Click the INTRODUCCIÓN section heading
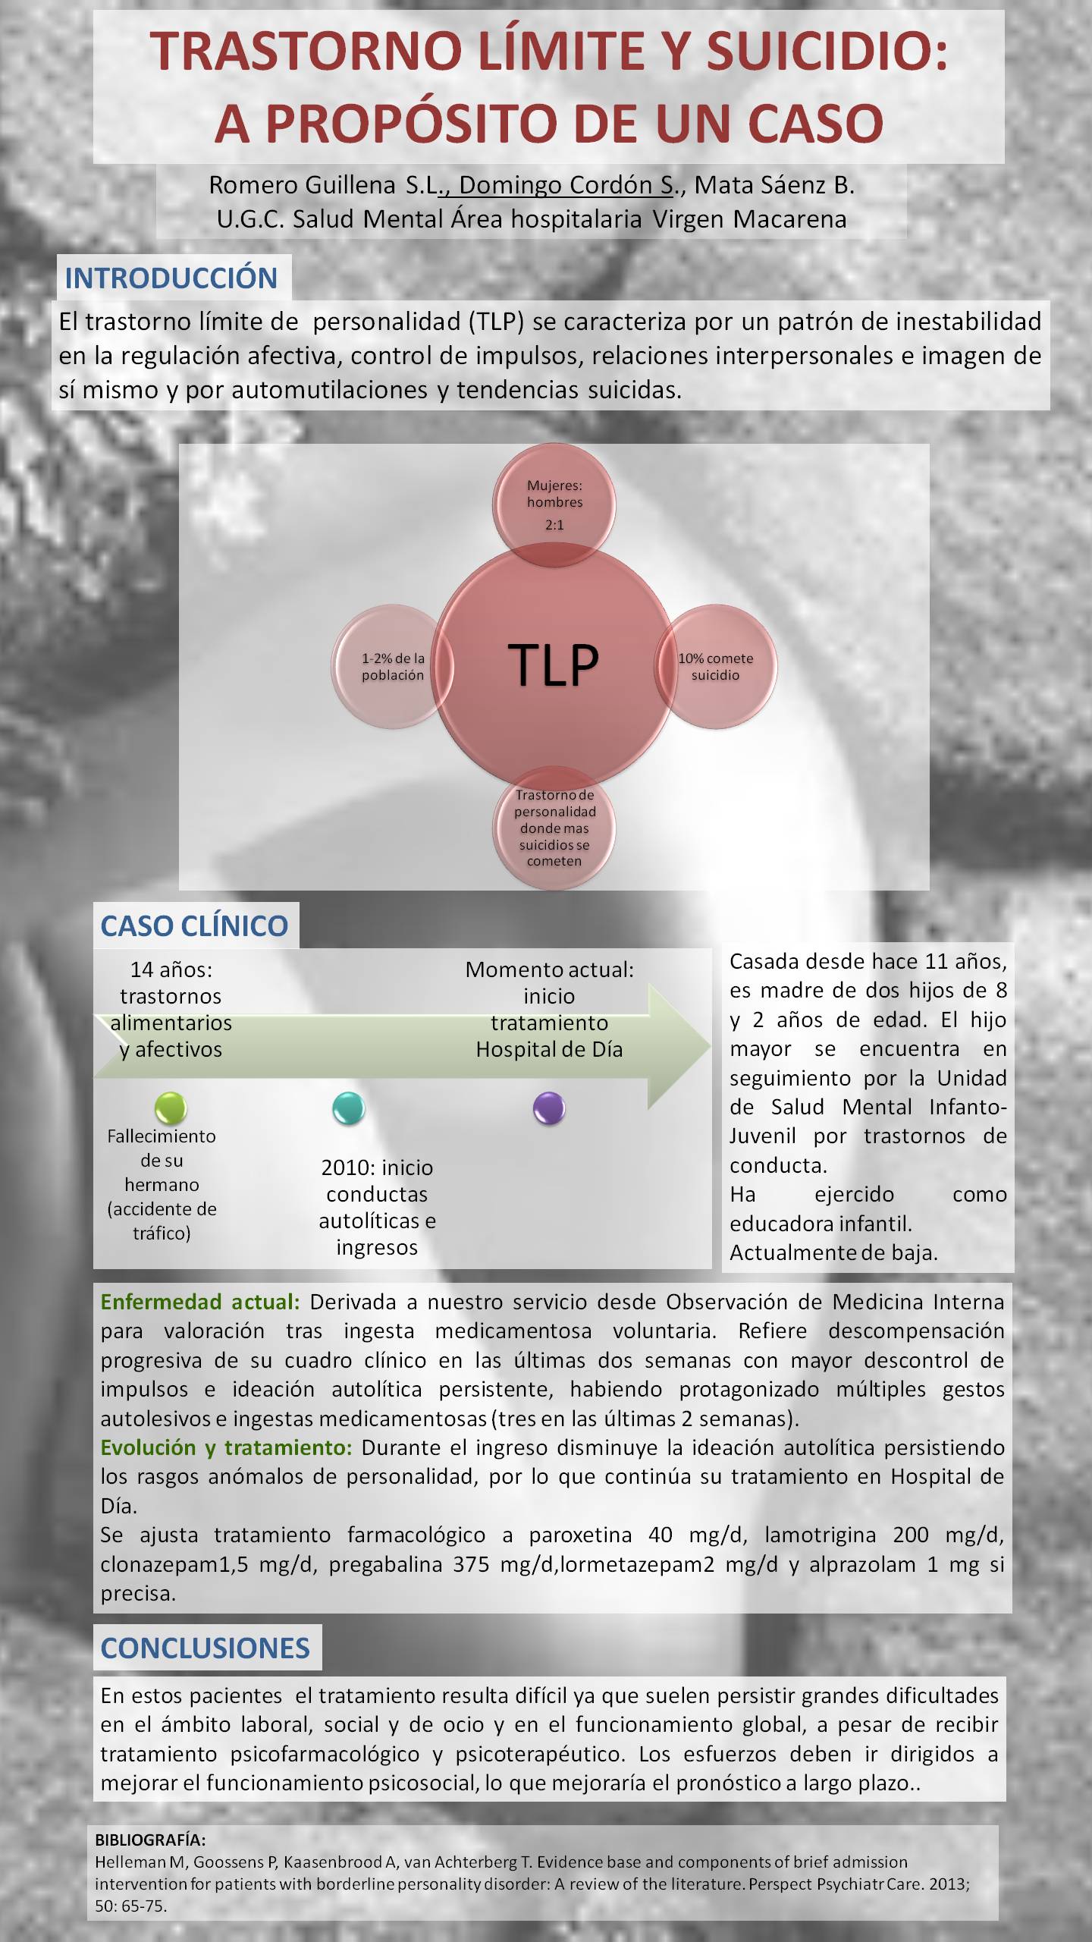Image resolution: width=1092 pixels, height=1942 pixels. [171, 278]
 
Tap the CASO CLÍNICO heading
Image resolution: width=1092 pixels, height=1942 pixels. [194, 925]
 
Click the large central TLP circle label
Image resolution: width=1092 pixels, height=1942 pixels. [553, 665]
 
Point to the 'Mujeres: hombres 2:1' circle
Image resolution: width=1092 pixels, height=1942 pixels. [554, 505]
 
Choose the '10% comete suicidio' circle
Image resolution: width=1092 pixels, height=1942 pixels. [715, 666]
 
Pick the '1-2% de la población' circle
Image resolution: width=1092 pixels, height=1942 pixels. [393, 666]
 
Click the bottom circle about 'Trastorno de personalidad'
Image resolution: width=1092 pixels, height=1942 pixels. [554, 828]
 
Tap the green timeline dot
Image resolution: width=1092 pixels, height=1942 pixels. [171, 1108]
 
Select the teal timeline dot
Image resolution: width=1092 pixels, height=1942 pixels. [349, 1108]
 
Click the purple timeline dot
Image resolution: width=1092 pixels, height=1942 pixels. [549, 1108]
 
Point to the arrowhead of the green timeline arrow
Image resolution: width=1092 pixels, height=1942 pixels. [709, 1047]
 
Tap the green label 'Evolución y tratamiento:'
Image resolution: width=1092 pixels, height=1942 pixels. [226, 1447]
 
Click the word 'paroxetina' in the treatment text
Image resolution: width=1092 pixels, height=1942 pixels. [580, 1535]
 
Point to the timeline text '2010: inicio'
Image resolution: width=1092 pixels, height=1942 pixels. [377, 1167]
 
